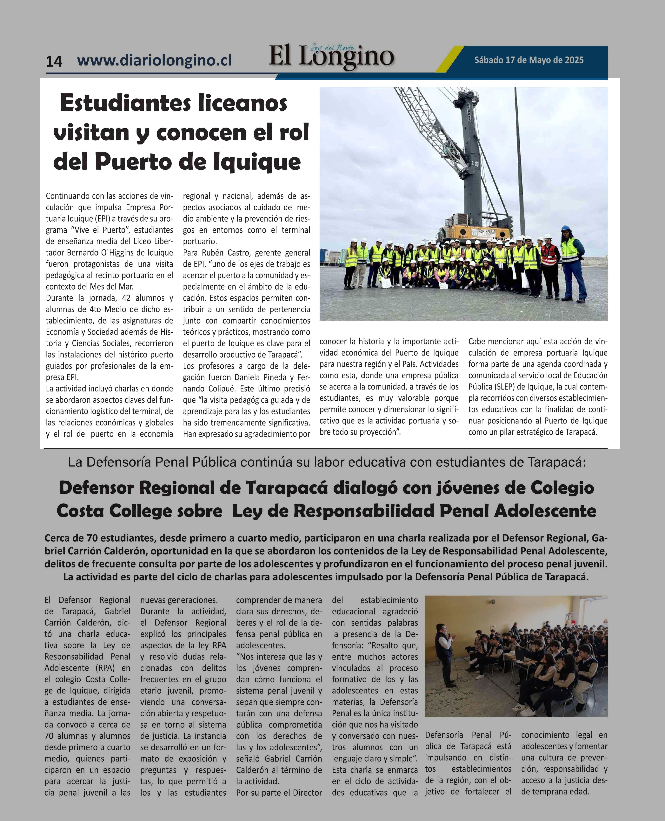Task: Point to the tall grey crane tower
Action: (x=472, y=161)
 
